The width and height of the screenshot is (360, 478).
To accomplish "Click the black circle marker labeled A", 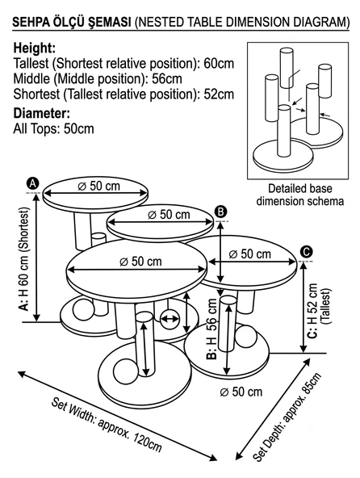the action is click(33, 183).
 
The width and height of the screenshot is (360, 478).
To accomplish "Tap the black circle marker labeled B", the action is click(221, 212).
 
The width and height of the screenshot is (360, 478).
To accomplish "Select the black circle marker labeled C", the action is click(306, 252).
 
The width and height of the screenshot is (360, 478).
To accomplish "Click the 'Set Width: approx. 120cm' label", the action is click(107, 425).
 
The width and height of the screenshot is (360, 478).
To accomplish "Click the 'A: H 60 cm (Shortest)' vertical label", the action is click(23, 259).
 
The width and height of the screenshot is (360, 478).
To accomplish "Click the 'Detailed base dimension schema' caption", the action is click(300, 195).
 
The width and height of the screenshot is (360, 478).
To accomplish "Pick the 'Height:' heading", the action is click(35, 48).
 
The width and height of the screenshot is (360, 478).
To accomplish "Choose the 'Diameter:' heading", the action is click(42, 113).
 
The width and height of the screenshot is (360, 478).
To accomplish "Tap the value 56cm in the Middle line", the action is click(167, 78).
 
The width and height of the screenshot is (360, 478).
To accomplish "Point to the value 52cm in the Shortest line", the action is click(219, 94).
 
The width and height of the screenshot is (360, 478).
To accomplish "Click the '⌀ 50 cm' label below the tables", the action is click(241, 392).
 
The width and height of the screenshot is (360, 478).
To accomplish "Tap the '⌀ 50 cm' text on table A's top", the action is click(98, 186).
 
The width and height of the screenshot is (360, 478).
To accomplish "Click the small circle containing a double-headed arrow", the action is click(170, 319).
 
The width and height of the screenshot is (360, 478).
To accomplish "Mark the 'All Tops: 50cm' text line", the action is click(53, 128).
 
